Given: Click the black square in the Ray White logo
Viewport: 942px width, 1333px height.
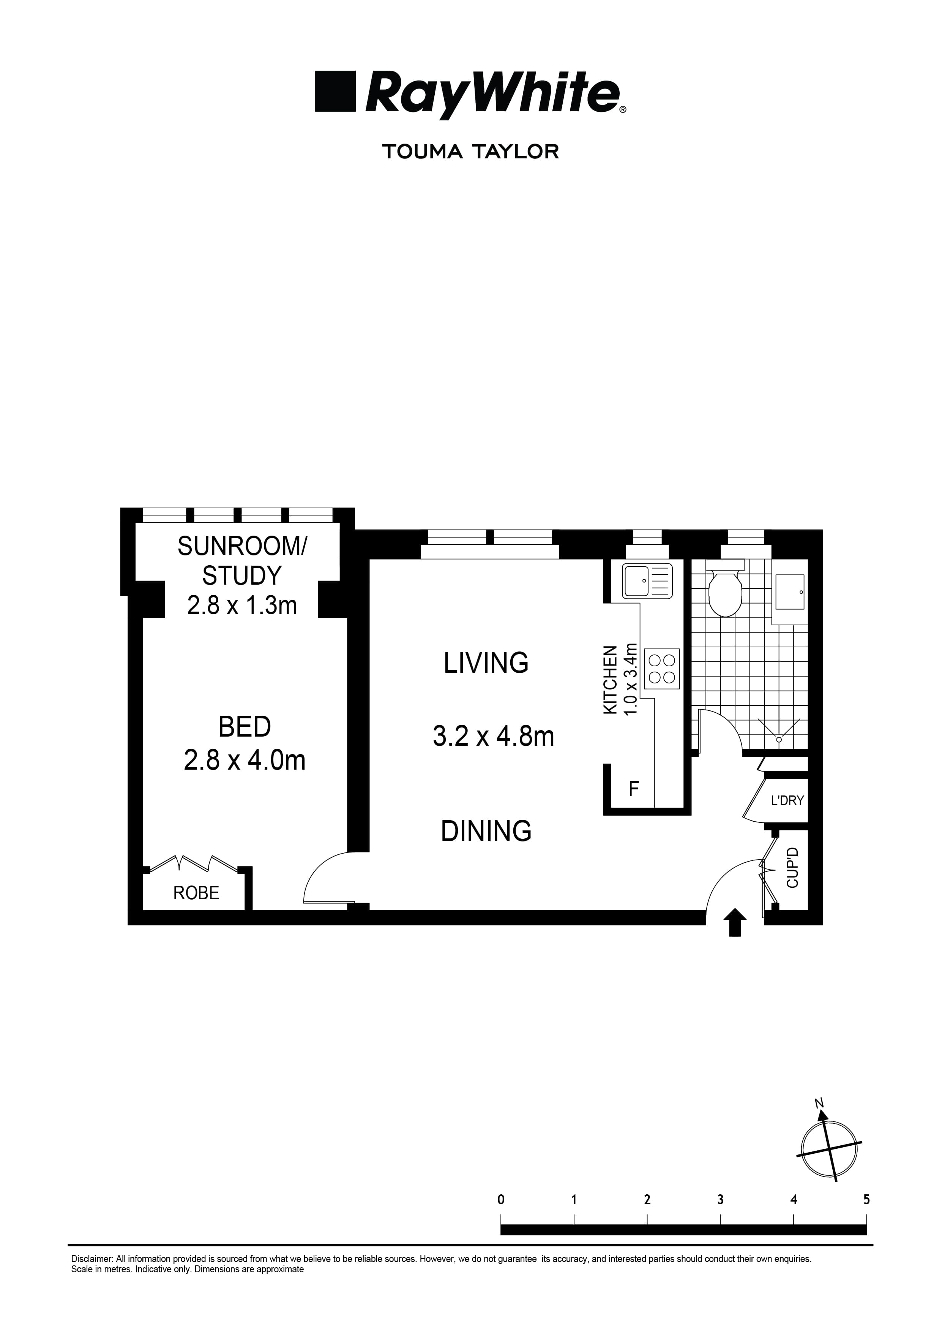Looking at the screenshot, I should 335,91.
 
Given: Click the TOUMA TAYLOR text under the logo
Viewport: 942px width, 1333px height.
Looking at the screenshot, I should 470,152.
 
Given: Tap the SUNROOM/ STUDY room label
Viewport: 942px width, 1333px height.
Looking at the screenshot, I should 242,561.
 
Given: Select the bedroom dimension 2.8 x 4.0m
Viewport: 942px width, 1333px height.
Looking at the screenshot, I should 245,760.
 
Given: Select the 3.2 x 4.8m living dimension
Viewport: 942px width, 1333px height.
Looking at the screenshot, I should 493,737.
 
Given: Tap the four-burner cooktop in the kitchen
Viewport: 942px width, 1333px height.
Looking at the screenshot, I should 662,668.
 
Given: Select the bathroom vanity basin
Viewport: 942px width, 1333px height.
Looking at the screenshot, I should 789,592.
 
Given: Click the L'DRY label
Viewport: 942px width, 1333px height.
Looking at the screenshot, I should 787,801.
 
